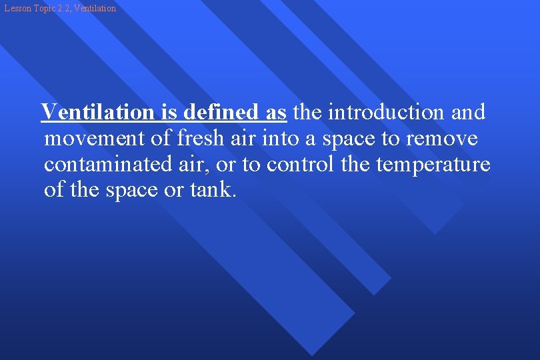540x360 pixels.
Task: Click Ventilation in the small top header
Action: (93, 9)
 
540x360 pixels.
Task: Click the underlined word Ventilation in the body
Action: (97, 112)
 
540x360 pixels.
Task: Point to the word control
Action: (301, 164)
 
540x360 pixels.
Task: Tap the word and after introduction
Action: (468, 112)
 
